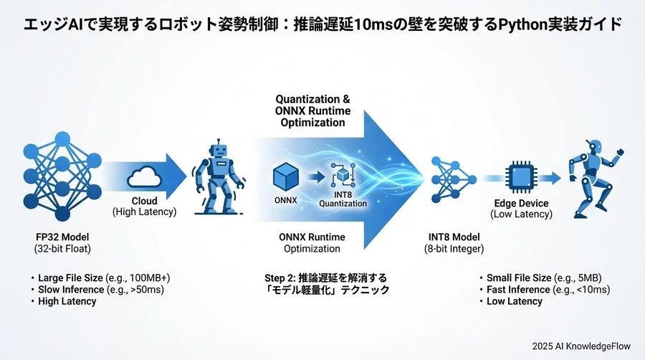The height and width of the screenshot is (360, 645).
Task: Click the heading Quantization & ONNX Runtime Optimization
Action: tap(311, 110)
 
